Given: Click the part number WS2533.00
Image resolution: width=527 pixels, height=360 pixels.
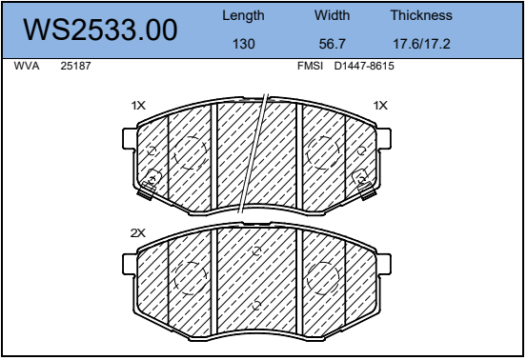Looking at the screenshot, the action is [x=100, y=30].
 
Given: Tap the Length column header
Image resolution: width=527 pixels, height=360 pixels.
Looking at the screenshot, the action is [x=243, y=16].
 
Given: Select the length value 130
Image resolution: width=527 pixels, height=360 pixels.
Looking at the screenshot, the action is [x=244, y=44].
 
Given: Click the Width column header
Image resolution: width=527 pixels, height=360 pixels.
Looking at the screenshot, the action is [x=332, y=15].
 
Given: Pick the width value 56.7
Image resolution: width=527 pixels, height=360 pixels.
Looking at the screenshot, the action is [x=332, y=44].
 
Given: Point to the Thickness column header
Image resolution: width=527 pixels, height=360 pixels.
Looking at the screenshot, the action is [x=421, y=15].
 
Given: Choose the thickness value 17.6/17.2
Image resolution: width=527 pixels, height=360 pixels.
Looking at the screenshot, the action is [x=421, y=44].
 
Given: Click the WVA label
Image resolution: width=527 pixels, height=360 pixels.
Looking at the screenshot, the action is [x=27, y=66].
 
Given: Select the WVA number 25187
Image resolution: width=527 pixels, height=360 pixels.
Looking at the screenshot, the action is [x=75, y=66].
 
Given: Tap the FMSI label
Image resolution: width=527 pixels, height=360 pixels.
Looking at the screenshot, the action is [x=310, y=66].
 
